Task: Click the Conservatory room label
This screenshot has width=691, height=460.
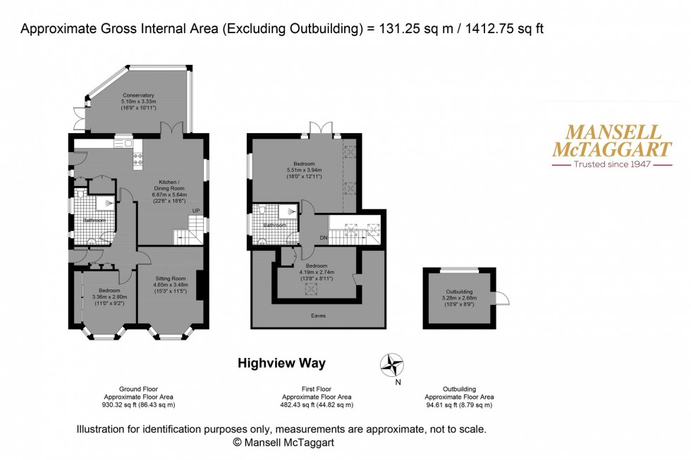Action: coord(138,95)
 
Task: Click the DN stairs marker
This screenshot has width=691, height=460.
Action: coord(324,237)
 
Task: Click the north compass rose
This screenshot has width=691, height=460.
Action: coord(392,366)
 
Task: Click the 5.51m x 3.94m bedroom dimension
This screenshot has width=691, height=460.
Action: coord(304,170)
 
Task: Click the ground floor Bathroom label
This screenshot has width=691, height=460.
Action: coord(95,220)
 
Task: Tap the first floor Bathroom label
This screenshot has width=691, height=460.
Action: coord(274,225)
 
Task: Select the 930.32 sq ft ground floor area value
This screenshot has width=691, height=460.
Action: coord(137,405)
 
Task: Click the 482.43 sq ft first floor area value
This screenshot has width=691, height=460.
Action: coord(316,405)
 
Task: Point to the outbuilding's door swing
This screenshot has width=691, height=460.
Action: coord(501,299)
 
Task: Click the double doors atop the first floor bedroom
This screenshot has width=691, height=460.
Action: coord(321,127)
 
